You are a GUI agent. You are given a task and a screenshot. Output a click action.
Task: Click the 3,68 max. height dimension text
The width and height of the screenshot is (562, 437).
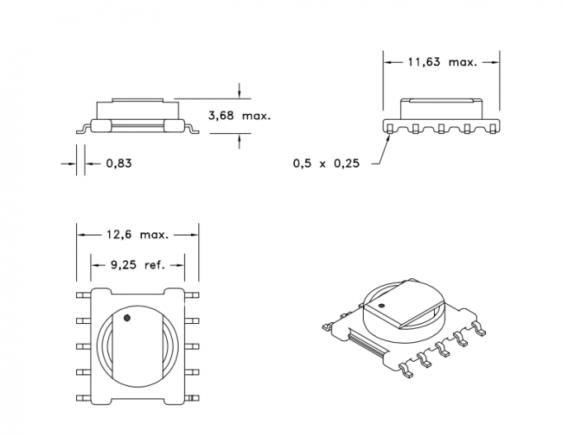click(x=240, y=116)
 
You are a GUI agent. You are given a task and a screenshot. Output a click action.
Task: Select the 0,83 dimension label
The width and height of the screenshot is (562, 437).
click(x=118, y=163)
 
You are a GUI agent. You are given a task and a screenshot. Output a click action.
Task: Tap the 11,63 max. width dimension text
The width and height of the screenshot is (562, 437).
click(x=442, y=62)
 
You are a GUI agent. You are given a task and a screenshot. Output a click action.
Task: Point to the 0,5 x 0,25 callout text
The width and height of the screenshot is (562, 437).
click(x=326, y=164)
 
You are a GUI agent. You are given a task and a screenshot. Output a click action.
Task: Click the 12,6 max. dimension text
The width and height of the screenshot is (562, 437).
click(x=137, y=235)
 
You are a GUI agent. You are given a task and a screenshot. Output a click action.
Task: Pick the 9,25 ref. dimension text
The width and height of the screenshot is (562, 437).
click(x=137, y=265)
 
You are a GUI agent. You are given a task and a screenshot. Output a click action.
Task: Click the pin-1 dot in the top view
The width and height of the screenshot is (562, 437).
click(x=127, y=317)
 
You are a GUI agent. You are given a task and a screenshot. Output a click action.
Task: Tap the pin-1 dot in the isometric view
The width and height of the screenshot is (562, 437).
click(x=383, y=306)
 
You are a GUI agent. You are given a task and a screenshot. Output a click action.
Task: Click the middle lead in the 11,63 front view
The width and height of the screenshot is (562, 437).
click(x=442, y=128)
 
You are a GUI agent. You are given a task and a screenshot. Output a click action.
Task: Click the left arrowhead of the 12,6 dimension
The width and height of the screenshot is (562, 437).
click(x=80, y=235)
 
